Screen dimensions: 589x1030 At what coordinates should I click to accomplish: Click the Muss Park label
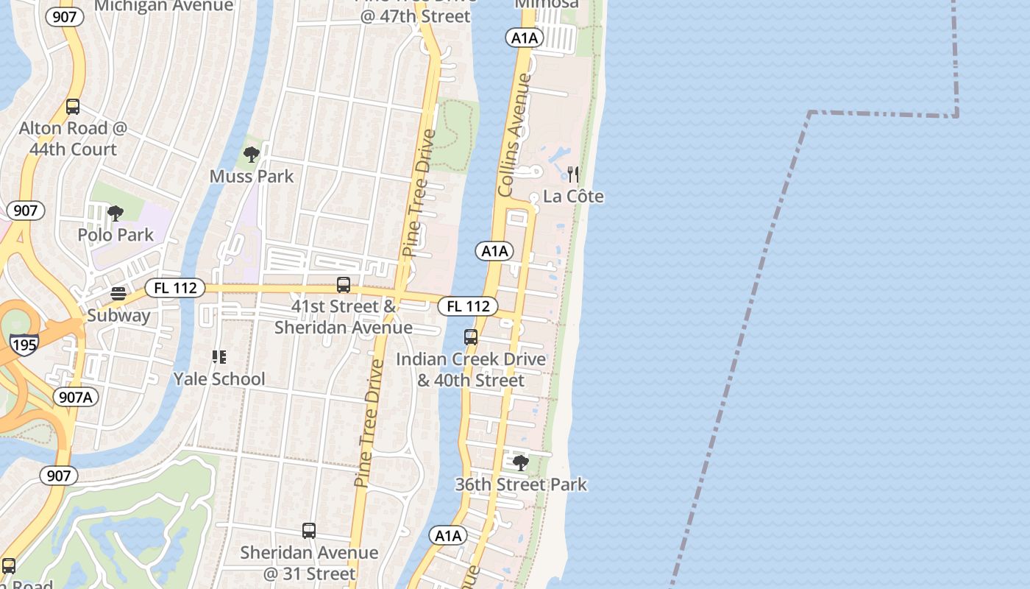252,177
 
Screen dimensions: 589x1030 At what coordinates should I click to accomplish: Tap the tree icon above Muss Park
252,155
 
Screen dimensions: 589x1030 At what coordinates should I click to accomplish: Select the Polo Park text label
116,235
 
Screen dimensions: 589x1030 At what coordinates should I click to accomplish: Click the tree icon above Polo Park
115,214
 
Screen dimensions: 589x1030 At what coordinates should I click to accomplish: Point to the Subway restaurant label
118,316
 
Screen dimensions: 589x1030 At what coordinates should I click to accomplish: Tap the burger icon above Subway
118,294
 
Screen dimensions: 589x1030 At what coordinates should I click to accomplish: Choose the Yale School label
219,379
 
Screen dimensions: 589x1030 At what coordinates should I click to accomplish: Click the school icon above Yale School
219,357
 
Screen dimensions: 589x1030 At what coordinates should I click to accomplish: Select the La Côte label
573,197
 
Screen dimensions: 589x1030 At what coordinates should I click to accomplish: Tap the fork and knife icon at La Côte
573,174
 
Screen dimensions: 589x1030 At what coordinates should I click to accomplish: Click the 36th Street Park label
521,484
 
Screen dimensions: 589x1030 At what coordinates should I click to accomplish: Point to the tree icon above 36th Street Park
521,463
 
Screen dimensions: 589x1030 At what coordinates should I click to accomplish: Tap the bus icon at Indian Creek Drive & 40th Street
471,337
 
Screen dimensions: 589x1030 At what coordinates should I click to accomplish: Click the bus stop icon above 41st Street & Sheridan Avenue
344,285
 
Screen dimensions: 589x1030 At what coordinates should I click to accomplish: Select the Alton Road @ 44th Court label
73,138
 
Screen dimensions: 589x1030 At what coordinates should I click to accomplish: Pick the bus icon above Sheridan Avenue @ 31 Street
309,531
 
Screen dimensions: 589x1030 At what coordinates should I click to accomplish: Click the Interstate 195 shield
24,345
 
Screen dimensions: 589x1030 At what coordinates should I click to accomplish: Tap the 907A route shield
76,398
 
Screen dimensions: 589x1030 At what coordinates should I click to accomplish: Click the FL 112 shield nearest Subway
175,288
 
